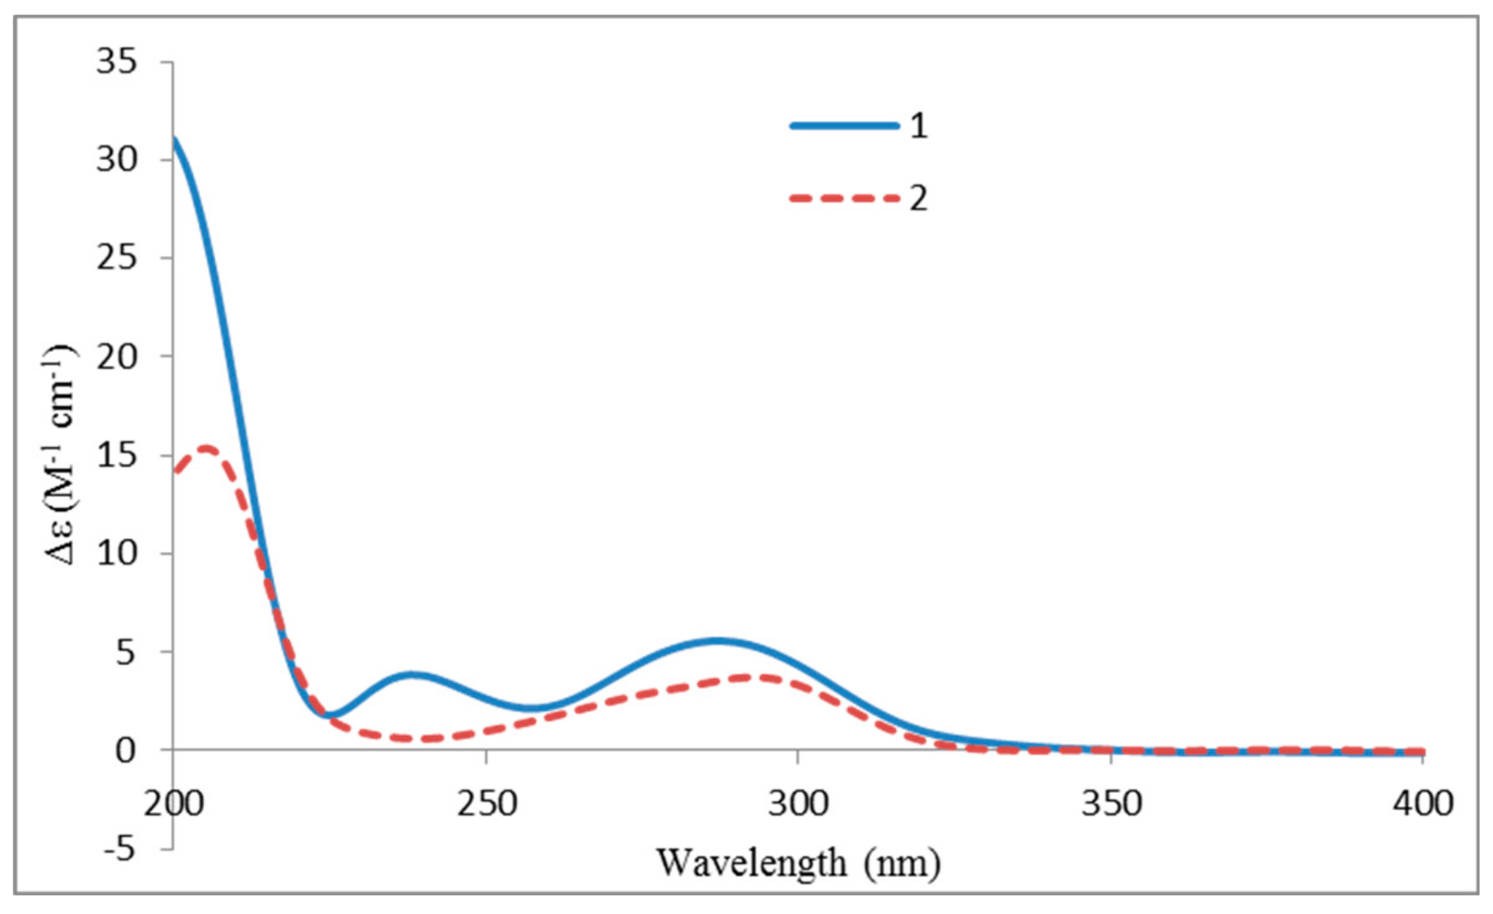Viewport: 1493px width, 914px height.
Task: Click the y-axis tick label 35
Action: [117, 62]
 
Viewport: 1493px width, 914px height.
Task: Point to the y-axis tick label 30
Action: [117, 159]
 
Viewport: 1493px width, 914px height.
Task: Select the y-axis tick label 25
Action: [117, 257]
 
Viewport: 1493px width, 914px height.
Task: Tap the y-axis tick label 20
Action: [117, 356]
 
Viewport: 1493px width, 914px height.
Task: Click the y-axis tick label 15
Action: [117, 455]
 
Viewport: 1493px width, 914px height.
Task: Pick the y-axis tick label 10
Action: [117, 553]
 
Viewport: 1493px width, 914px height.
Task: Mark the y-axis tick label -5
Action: [119, 849]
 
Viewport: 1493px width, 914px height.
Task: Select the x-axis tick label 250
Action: [486, 804]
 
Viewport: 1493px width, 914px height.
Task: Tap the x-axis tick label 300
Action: [798, 804]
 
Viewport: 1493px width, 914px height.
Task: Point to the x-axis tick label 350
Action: [1111, 804]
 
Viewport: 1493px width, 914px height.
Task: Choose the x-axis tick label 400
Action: [1423, 804]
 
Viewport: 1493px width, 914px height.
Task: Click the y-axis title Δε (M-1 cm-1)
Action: [61, 454]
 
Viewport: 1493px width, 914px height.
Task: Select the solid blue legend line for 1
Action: [845, 126]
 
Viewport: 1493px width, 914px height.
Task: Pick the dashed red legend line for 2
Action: [845, 198]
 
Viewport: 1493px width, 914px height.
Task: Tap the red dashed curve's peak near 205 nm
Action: [207, 449]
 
